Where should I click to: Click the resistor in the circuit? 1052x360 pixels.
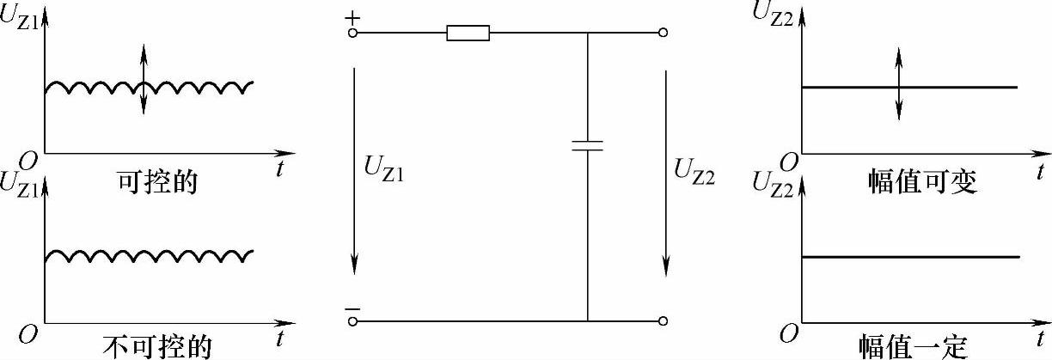point(468,34)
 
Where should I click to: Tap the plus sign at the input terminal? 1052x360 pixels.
point(352,17)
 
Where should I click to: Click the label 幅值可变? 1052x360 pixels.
point(922,182)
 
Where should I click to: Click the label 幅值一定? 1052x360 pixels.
point(914,346)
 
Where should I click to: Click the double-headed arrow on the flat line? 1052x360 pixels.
point(899,83)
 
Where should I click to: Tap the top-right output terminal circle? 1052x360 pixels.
point(663,34)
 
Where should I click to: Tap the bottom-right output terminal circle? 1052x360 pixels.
point(663,321)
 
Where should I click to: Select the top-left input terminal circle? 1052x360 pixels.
point(353,34)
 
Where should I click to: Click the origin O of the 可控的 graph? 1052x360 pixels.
point(28,162)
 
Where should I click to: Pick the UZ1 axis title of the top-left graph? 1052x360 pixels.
point(19,16)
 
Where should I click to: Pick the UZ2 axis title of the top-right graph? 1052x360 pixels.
point(772,11)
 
